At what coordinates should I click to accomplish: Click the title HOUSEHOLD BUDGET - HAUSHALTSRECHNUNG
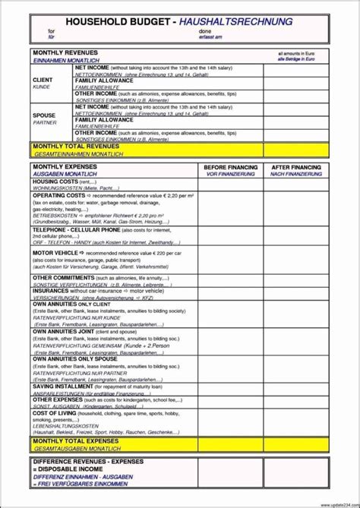click(x=179, y=22)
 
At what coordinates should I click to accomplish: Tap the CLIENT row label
click(x=43, y=80)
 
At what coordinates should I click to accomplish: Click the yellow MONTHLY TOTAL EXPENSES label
click(x=76, y=440)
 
